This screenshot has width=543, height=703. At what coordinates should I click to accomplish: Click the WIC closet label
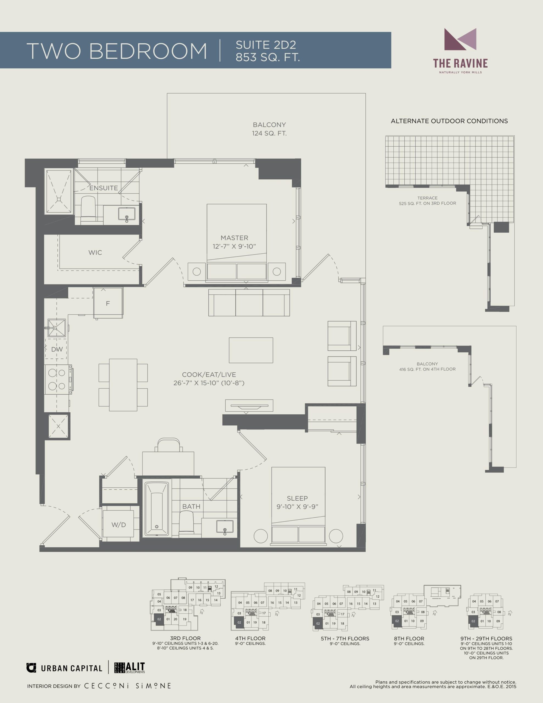click(x=95, y=253)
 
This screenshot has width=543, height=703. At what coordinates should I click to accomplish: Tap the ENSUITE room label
click(x=104, y=188)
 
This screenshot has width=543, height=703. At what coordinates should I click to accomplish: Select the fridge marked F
click(x=108, y=303)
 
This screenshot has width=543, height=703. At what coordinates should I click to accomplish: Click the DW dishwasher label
click(x=57, y=349)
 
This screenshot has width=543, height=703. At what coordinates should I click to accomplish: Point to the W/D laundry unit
click(x=118, y=525)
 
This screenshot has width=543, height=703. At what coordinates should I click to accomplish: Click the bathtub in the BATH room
click(x=157, y=509)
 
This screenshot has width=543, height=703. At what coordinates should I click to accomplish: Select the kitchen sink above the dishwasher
click(x=57, y=328)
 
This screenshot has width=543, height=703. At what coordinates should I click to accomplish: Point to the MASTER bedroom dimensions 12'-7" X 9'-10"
click(x=234, y=247)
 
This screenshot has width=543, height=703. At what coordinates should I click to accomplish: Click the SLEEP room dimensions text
click(x=297, y=507)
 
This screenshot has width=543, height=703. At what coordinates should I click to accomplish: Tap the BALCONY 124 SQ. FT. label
click(x=269, y=129)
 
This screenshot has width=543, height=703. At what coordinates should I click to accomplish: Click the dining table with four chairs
click(x=123, y=385)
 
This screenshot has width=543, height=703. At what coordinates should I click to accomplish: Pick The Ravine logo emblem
click(x=460, y=39)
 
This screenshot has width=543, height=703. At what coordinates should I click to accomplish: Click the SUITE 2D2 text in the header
click(x=266, y=45)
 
